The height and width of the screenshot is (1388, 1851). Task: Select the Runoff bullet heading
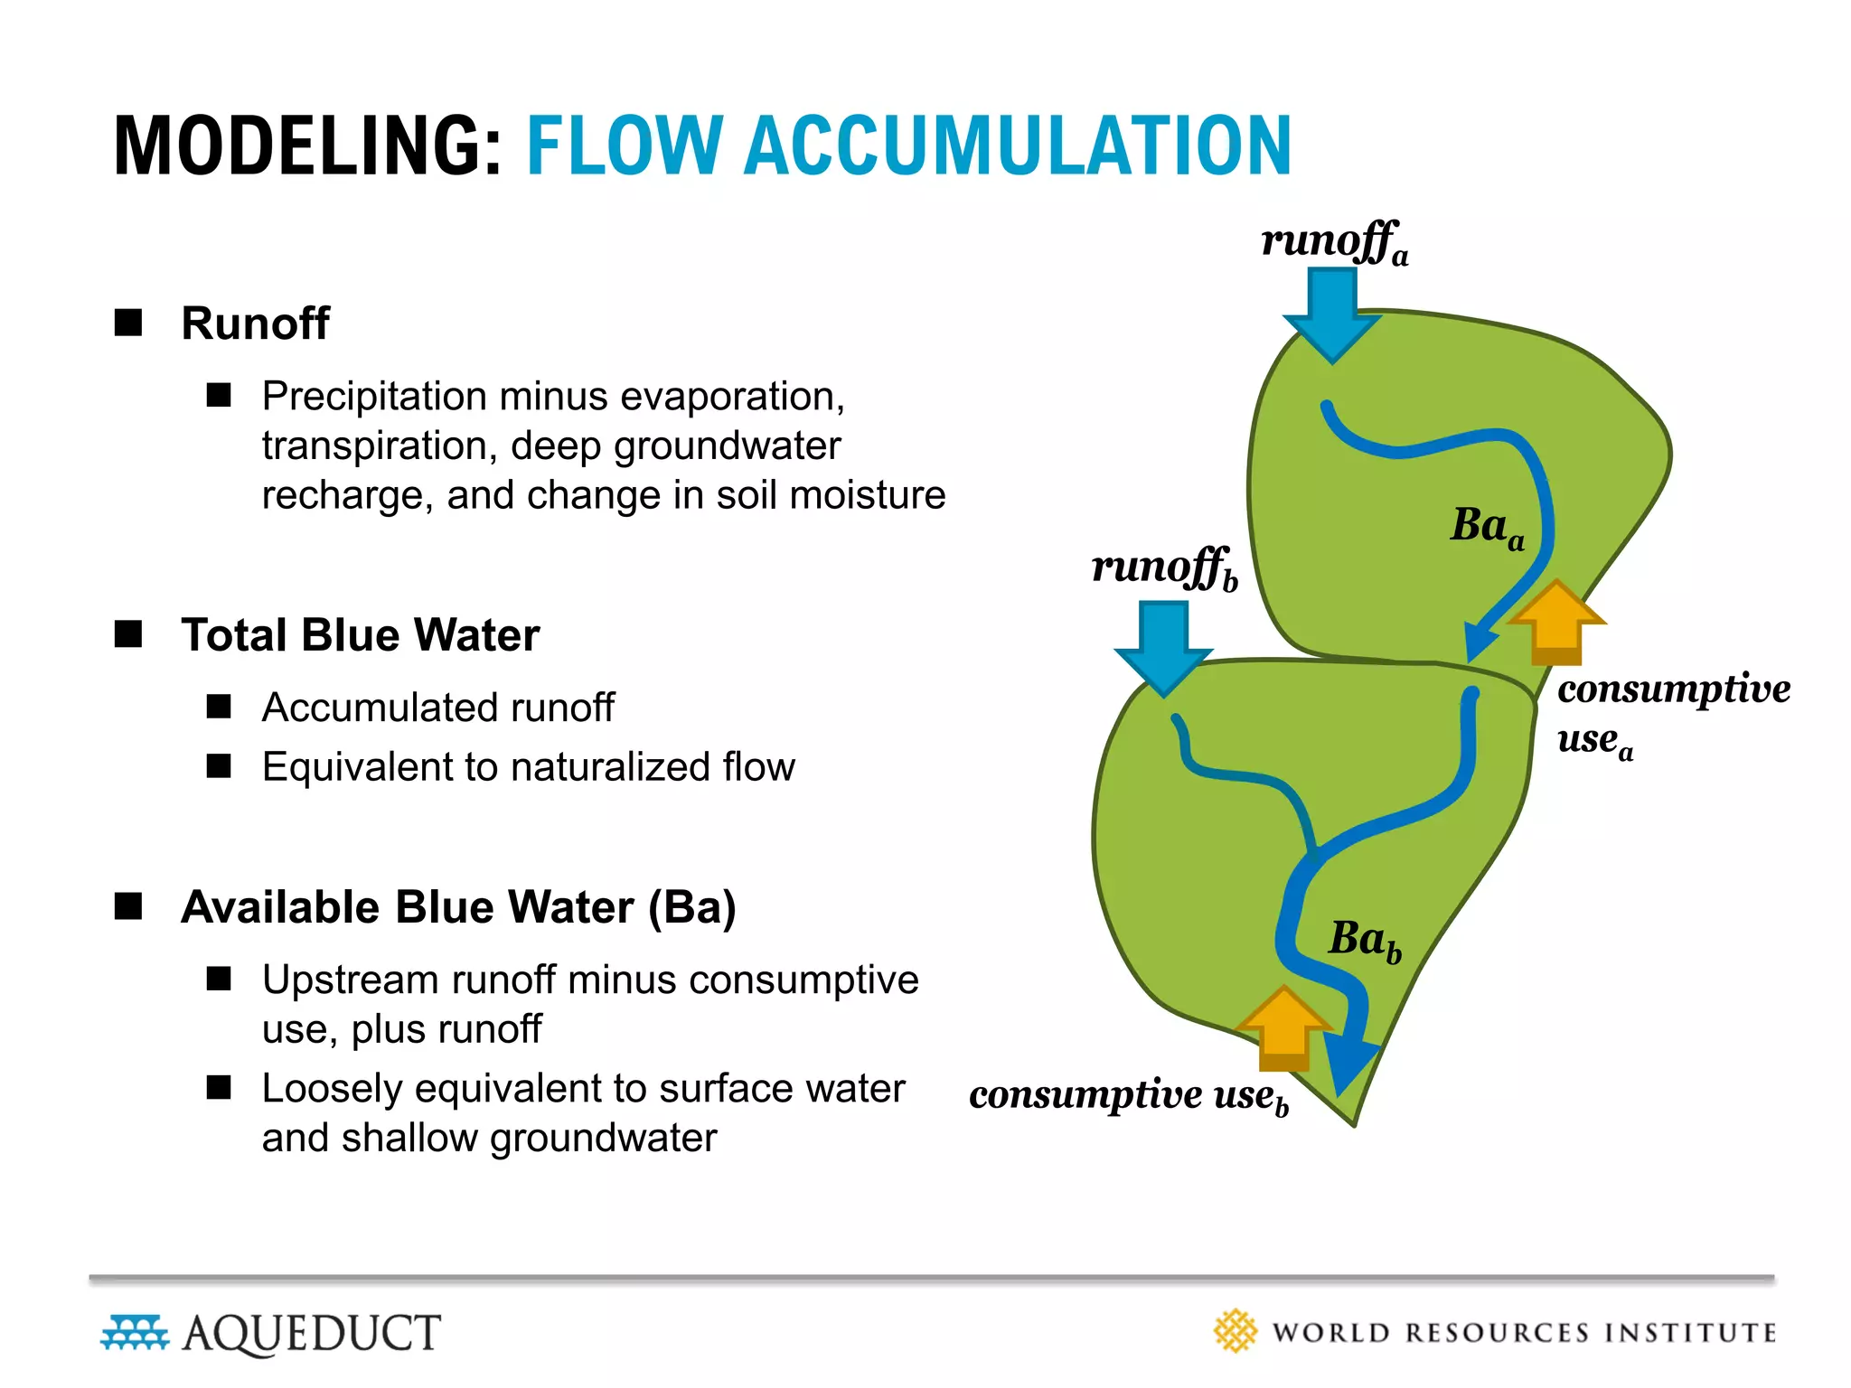(x=255, y=324)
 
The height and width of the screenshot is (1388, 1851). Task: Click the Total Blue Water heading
(x=360, y=635)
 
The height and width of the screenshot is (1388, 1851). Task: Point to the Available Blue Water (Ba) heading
(x=458, y=907)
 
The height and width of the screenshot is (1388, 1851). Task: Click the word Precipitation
(x=374, y=396)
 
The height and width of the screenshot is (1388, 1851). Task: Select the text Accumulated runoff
(x=437, y=708)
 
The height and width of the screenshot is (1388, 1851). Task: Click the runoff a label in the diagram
(x=1334, y=242)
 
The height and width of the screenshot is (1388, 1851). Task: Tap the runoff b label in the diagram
(x=1164, y=568)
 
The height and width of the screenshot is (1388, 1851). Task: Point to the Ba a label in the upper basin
(x=1487, y=526)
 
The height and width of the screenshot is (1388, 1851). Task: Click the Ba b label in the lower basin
(x=1365, y=940)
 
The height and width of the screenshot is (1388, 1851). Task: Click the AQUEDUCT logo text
(x=312, y=1333)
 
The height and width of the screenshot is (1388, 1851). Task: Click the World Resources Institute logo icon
(x=1235, y=1331)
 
